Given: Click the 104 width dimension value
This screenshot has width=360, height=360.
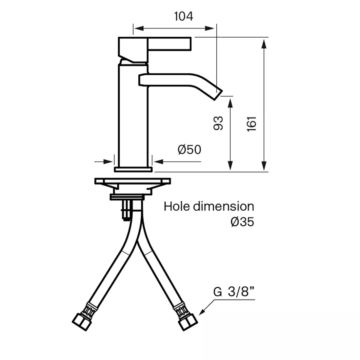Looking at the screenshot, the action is click(184, 16).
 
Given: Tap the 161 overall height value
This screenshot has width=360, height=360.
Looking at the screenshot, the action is click(251, 124).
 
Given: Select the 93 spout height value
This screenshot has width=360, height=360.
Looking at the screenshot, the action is click(218, 123).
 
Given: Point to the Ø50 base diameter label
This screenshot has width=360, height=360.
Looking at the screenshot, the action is click(189, 149).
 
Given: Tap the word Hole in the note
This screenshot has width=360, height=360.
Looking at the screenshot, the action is click(176, 206).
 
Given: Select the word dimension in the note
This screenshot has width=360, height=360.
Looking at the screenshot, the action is click(223, 206).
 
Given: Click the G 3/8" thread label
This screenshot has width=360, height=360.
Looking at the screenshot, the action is click(234, 292).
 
